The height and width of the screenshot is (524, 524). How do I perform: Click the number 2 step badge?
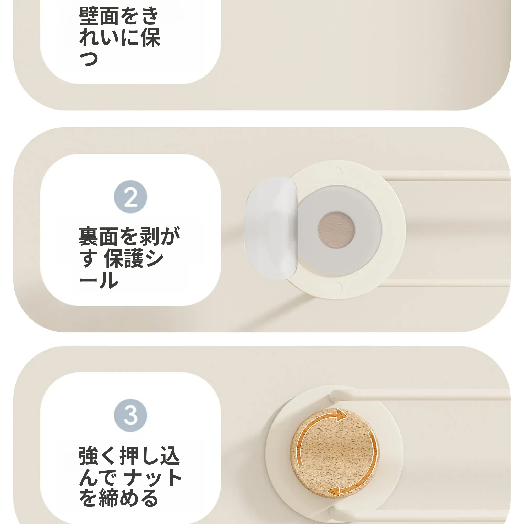click(130, 197)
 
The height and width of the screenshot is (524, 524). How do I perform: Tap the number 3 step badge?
click(130, 415)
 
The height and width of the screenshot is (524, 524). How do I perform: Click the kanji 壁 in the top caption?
click(88, 16)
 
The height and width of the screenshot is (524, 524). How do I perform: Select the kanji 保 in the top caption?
click(150, 37)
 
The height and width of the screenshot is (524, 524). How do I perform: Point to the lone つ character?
click(89, 59)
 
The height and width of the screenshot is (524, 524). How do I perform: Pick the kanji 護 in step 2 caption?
click(133, 258)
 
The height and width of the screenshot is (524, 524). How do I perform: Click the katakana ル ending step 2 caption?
click(109, 280)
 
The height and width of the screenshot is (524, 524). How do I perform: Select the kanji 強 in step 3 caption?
click(88, 456)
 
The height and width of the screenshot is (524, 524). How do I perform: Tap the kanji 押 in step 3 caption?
click(129, 456)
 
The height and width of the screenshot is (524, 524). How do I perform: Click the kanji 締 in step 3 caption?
click(109, 499)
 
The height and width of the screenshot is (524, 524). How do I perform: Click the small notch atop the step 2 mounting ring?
click(339, 171)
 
